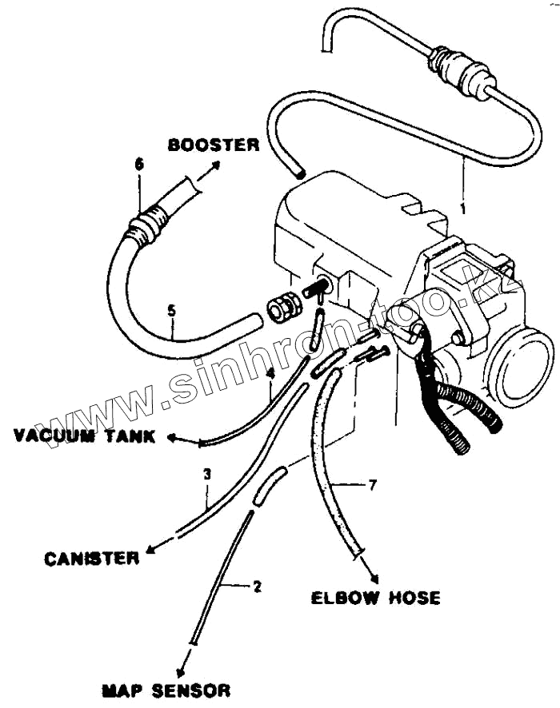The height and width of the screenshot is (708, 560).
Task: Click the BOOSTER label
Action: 213,145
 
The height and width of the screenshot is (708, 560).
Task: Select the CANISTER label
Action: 91,558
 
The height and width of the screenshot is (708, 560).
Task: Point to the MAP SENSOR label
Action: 166,690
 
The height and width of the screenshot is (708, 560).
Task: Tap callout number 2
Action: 257,587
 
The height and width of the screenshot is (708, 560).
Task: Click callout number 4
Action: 270,372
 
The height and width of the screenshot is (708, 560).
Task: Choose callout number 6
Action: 139,164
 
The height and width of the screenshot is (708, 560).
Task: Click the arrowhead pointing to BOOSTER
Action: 217,165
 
